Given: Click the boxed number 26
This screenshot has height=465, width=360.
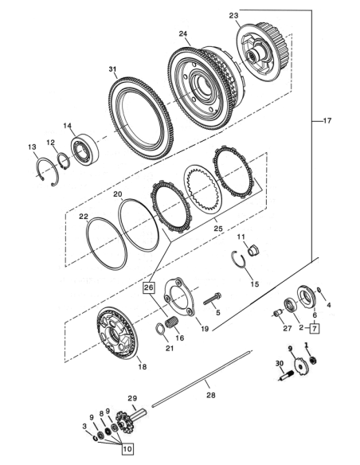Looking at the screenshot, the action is point(149,287).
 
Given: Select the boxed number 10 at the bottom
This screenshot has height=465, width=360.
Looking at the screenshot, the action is point(127,449).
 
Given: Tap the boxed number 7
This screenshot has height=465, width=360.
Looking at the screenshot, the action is point(315,328).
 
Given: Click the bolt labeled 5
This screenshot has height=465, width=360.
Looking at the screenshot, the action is point(213,299).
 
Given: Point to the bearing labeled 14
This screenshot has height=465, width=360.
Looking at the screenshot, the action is point(84,149).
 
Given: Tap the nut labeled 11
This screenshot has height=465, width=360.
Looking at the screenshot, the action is point(253,251).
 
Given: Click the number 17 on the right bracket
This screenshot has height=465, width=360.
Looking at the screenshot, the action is point(327,121).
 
